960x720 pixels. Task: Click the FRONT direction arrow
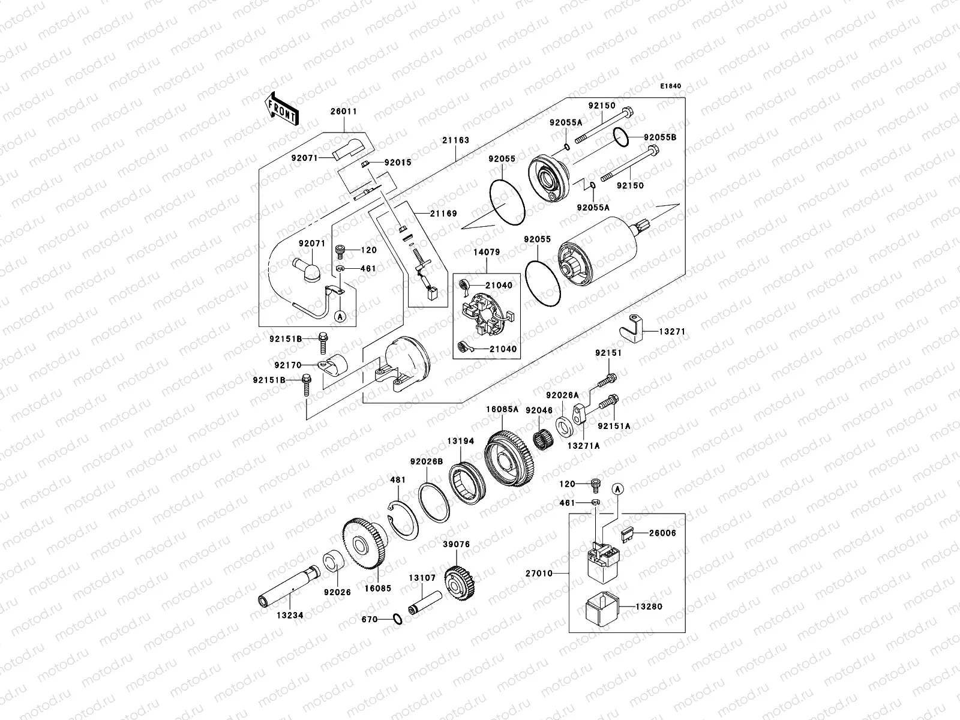pyautogui.click(x=281, y=109)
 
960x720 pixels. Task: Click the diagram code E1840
pyautogui.click(x=671, y=86)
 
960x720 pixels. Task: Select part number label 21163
pyautogui.click(x=456, y=140)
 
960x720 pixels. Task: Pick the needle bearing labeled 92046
pyautogui.click(x=542, y=432)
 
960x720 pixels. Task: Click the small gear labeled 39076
pyautogui.click(x=460, y=581)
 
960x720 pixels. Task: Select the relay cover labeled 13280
pyautogui.click(x=601, y=607)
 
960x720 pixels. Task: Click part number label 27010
pyautogui.click(x=539, y=574)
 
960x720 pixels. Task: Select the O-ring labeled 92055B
pyautogui.click(x=622, y=137)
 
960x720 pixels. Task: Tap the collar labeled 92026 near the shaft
pyautogui.click(x=334, y=564)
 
